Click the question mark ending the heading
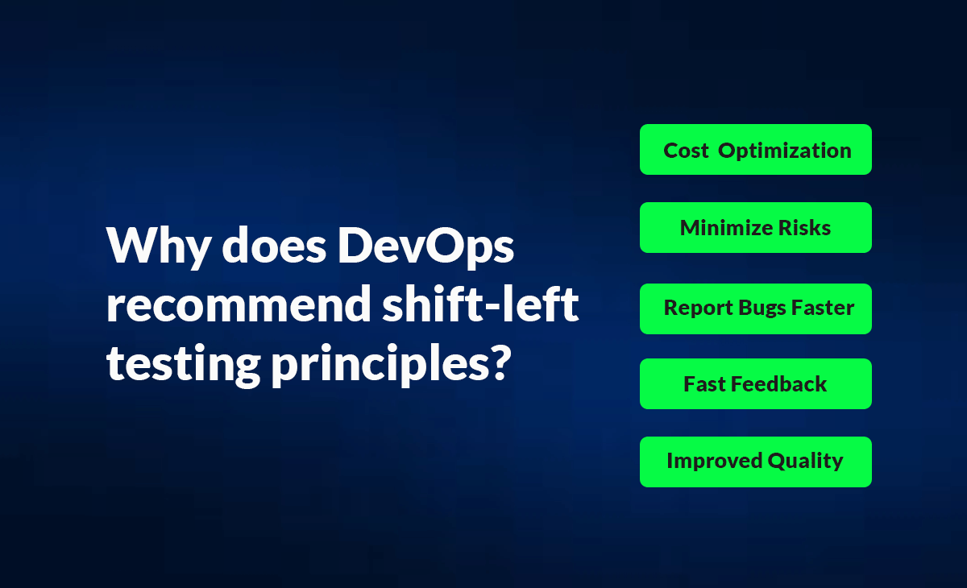tap(500, 362)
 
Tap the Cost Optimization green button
tap(755, 150)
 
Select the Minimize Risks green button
tap(755, 228)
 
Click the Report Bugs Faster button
tap(755, 308)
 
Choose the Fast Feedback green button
tap(755, 384)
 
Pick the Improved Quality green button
tap(755, 462)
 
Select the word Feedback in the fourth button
tap(779, 384)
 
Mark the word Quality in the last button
tap(805, 462)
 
